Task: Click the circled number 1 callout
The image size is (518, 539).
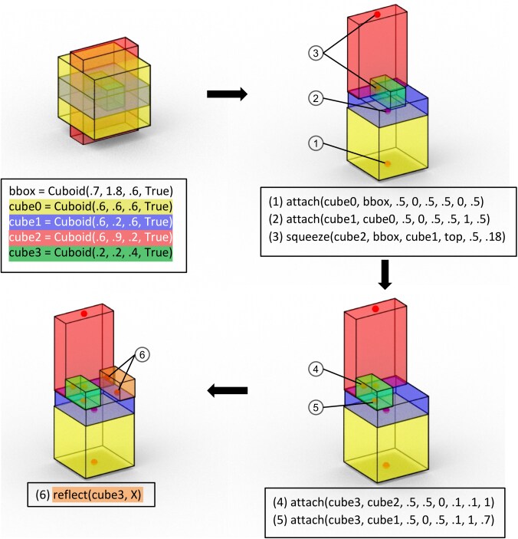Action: click(x=314, y=143)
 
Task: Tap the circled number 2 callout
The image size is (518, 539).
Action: click(x=314, y=98)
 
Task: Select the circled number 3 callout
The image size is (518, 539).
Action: click(x=314, y=53)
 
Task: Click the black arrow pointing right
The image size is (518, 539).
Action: click(x=228, y=94)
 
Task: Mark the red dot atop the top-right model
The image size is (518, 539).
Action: click(x=378, y=15)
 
